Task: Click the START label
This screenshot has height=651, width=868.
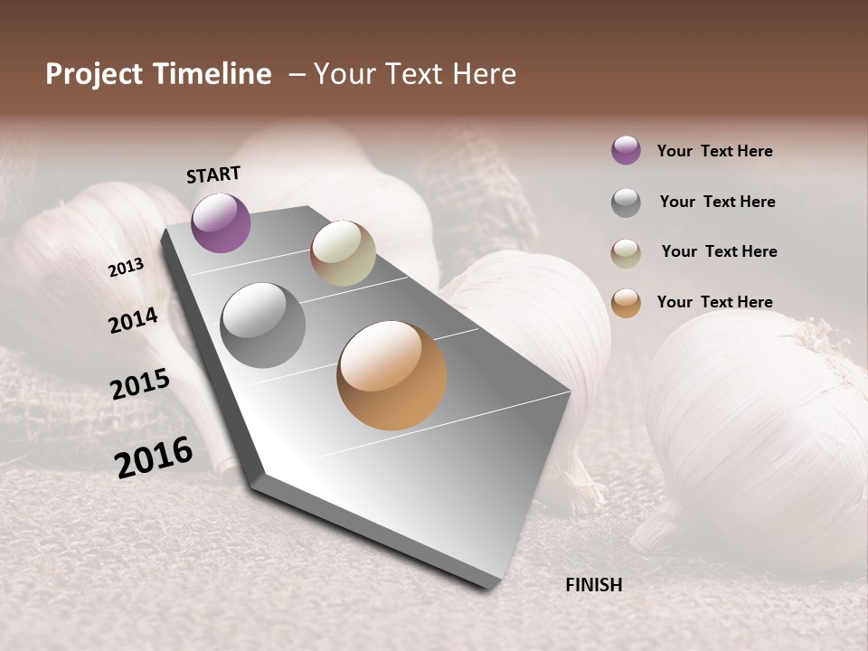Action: [213, 175]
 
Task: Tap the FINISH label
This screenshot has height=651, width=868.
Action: [593, 585]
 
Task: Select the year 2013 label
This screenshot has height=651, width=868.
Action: [126, 268]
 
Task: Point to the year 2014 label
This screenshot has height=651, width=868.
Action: [133, 320]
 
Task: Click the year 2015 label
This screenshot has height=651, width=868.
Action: [140, 384]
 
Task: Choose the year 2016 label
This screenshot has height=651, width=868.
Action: [154, 457]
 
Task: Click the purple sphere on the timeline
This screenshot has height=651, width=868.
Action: [221, 222]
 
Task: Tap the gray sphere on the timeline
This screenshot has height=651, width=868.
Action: [262, 325]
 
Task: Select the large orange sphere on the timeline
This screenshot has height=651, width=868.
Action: [392, 375]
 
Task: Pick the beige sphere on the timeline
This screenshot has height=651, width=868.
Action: [343, 253]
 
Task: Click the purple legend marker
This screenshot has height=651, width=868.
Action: [626, 151]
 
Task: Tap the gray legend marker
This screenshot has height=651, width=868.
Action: [626, 203]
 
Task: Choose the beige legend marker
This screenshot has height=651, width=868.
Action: [626, 252]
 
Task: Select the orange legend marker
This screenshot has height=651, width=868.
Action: [626, 303]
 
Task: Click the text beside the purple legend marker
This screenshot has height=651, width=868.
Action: [714, 151]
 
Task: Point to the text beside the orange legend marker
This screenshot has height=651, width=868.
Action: [714, 302]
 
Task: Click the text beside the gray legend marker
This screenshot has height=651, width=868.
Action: [717, 202]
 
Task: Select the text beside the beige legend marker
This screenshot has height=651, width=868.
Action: [719, 251]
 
